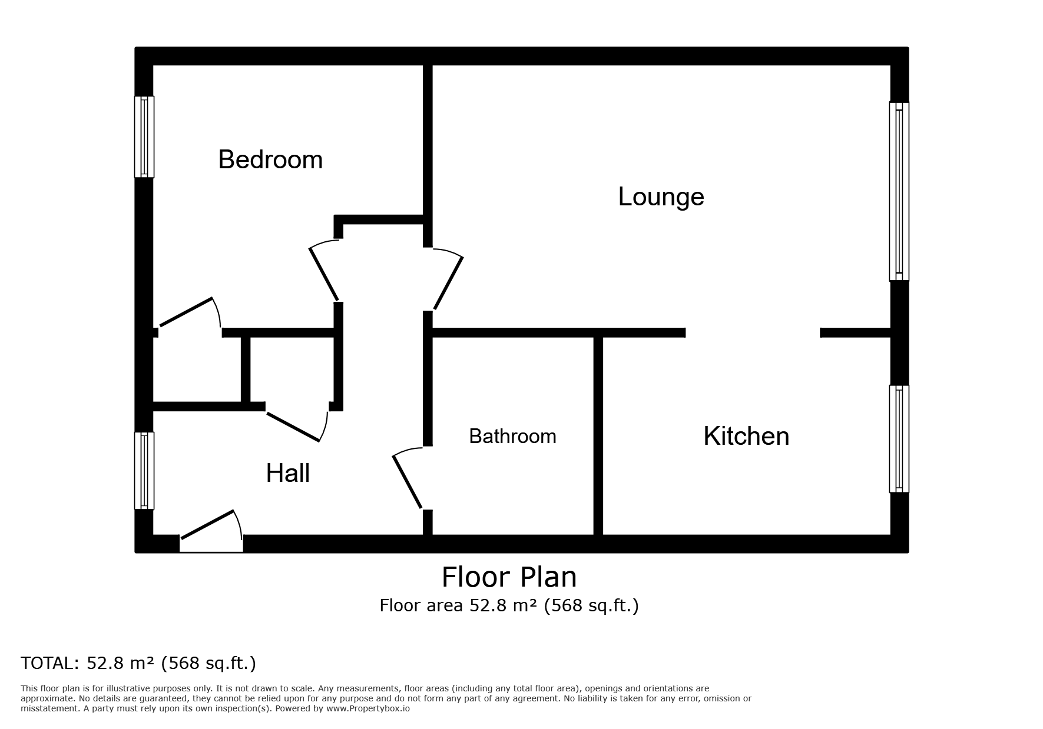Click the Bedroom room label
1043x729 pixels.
[270, 159]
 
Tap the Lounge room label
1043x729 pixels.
[661, 197]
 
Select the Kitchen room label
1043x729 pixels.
[746, 436]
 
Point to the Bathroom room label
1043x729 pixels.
[512, 436]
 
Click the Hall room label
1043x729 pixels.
[288, 473]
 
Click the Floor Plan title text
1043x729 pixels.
[509, 577]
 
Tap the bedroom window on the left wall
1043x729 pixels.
[144, 137]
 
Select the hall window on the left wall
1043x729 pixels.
[144, 471]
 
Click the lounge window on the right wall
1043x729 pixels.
[899, 192]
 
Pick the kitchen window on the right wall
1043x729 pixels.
[899, 439]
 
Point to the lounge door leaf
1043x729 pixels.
[448, 283]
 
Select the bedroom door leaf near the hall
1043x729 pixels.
[324, 274]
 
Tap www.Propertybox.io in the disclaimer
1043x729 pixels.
[368, 708]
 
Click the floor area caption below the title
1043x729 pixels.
[509, 605]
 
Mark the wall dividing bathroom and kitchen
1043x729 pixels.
[598, 436]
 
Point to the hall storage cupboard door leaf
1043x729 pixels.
[293, 427]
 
